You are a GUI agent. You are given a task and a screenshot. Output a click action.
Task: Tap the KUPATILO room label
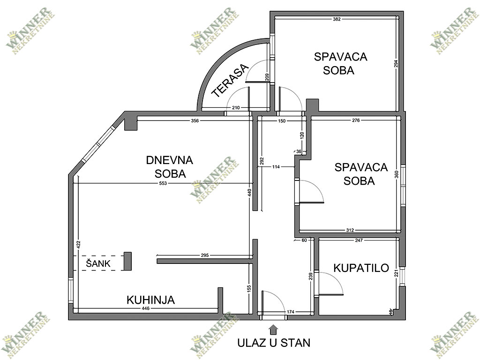(x=361, y=268)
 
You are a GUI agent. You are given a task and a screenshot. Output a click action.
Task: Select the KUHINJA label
(x=150, y=300)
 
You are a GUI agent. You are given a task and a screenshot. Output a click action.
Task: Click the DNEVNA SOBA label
(x=170, y=167)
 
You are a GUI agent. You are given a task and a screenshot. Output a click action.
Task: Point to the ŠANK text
(x=98, y=263)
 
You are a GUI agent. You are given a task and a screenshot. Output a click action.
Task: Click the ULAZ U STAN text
(x=274, y=343)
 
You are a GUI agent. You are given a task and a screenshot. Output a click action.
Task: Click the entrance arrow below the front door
(x=273, y=330)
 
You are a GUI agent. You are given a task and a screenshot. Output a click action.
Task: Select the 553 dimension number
(x=163, y=183)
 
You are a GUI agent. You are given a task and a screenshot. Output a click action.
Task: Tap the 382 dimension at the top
(x=337, y=19)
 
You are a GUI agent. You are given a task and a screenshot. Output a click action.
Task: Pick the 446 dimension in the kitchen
(x=146, y=308)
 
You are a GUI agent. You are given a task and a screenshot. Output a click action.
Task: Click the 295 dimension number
(x=205, y=255)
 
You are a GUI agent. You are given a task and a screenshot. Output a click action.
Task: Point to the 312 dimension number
(x=350, y=230)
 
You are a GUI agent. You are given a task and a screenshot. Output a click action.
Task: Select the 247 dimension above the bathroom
(x=359, y=240)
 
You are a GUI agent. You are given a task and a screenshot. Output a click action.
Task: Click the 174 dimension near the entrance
(x=291, y=312)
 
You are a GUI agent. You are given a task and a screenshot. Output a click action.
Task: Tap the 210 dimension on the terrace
(x=236, y=108)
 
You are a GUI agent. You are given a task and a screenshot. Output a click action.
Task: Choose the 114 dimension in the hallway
(x=276, y=167)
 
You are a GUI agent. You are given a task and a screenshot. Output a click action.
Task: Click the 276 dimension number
(x=356, y=120)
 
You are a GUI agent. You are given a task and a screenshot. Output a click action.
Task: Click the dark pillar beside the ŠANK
(x=127, y=261)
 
